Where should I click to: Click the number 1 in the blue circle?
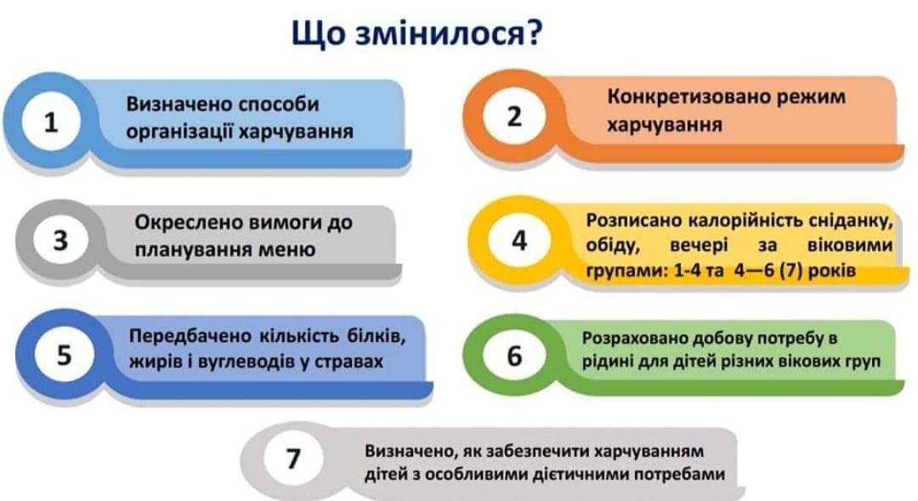pos(51,122)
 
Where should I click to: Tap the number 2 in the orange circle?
pos(513,116)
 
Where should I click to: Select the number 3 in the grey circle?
pos(60,241)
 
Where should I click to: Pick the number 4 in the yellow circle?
pos(519,240)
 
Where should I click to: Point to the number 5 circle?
pos(64,355)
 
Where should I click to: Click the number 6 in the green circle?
pos(514,356)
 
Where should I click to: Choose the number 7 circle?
pos(292,458)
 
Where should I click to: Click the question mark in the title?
pos(533,33)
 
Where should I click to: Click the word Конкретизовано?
pos(688,96)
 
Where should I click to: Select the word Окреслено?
pos(188,223)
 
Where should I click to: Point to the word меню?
pos(288,250)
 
